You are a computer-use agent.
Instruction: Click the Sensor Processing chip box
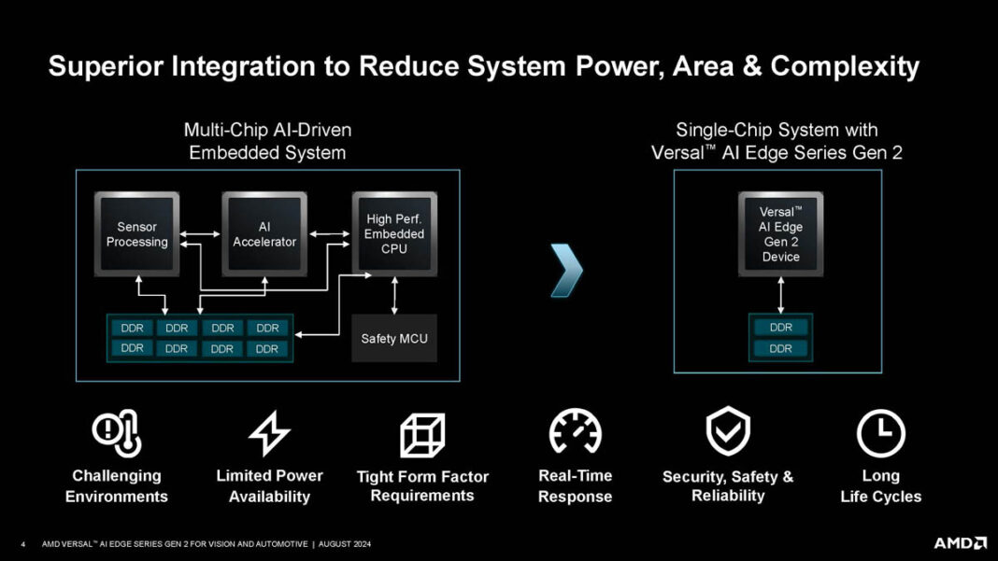pyautogui.click(x=136, y=233)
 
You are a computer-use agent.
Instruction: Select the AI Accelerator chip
pyautogui.click(x=264, y=233)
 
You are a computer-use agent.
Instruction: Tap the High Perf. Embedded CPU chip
pyautogui.click(x=393, y=233)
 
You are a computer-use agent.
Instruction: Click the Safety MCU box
pyautogui.click(x=393, y=338)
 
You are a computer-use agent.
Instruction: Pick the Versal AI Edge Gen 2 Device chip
pyautogui.click(x=780, y=233)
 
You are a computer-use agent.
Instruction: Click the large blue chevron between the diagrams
pyautogui.click(x=566, y=270)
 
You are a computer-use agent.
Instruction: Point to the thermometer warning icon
pyautogui.click(x=117, y=433)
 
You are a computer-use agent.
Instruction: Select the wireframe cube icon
pyautogui.click(x=422, y=435)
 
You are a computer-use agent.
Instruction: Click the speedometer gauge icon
pyautogui.click(x=575, y=433)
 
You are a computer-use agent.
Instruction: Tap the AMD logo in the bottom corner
pyautogui.click(x=959, y=542)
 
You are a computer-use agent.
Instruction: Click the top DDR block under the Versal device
pyautogui.click(x=780, y=328)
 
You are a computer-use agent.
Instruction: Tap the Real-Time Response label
pyautogui.click(x=575, y=485)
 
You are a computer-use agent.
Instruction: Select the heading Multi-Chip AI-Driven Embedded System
pyautogui.click(x=267, y=141)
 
